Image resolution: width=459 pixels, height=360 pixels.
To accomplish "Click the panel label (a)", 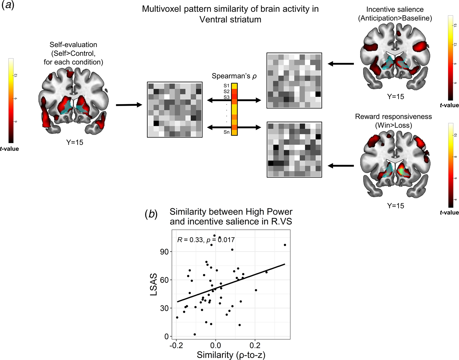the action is point(8,5).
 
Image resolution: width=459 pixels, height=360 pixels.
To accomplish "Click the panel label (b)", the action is point(151,214).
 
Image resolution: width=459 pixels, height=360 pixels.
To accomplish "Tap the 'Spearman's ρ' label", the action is point(234,76).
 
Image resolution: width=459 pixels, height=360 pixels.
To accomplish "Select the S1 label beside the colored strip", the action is point(227,86).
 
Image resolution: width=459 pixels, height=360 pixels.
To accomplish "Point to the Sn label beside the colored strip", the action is point(227,132).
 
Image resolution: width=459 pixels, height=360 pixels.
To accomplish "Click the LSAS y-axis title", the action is point(154,284).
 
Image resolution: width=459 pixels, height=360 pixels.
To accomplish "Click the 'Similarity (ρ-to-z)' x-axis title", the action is point(231,355).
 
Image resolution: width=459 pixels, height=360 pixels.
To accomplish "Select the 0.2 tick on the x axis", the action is point(255,345).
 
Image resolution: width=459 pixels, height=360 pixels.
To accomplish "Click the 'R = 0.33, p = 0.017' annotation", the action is point(206,240).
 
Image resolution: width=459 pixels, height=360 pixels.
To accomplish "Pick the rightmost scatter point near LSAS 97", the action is point(285,245).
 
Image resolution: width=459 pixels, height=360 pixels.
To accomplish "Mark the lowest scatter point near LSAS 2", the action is point(195,334).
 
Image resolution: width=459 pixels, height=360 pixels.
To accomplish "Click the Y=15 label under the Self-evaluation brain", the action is point(75,142).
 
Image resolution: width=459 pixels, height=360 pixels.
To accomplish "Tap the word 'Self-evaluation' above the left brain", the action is point(73,45).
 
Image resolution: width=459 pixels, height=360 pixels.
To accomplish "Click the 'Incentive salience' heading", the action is point(395,9).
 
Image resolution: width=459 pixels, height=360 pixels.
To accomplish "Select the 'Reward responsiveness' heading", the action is point(394,117).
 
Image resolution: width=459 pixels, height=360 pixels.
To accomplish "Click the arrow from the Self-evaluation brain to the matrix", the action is point(129,105).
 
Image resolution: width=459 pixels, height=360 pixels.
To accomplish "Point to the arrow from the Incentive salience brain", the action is point(341,63).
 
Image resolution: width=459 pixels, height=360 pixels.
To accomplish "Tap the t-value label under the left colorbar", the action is point(9,149).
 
